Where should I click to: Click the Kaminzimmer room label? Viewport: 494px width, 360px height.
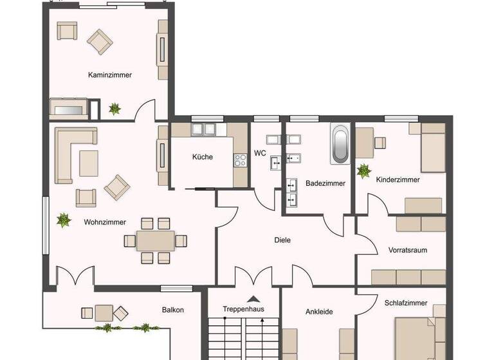point(110,75)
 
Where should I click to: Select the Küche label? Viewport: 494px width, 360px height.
point(202,157)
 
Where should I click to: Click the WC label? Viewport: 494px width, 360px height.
point(260,153)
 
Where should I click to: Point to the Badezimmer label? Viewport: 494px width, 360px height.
point(325,183)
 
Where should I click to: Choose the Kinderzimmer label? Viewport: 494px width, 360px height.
point(398,180)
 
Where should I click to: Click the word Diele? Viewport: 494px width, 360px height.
point(282,240)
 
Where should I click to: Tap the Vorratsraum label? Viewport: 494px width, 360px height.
point(407,250)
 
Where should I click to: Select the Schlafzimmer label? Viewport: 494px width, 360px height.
point(405,303)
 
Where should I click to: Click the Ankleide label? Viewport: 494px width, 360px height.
point(318,312)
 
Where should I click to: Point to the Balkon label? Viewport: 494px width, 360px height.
point(172,310)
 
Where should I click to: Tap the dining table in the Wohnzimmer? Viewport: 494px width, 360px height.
point(155,240)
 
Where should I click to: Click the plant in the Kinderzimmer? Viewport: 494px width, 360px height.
point(364,171)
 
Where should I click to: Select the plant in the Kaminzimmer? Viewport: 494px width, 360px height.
point(114,109)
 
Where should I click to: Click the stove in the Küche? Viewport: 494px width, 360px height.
point(241,160)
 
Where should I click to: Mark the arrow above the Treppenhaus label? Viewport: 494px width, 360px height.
point(253,298)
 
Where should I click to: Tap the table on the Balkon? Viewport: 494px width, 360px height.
point(104,313)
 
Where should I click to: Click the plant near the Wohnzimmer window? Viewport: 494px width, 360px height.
point(64,221)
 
